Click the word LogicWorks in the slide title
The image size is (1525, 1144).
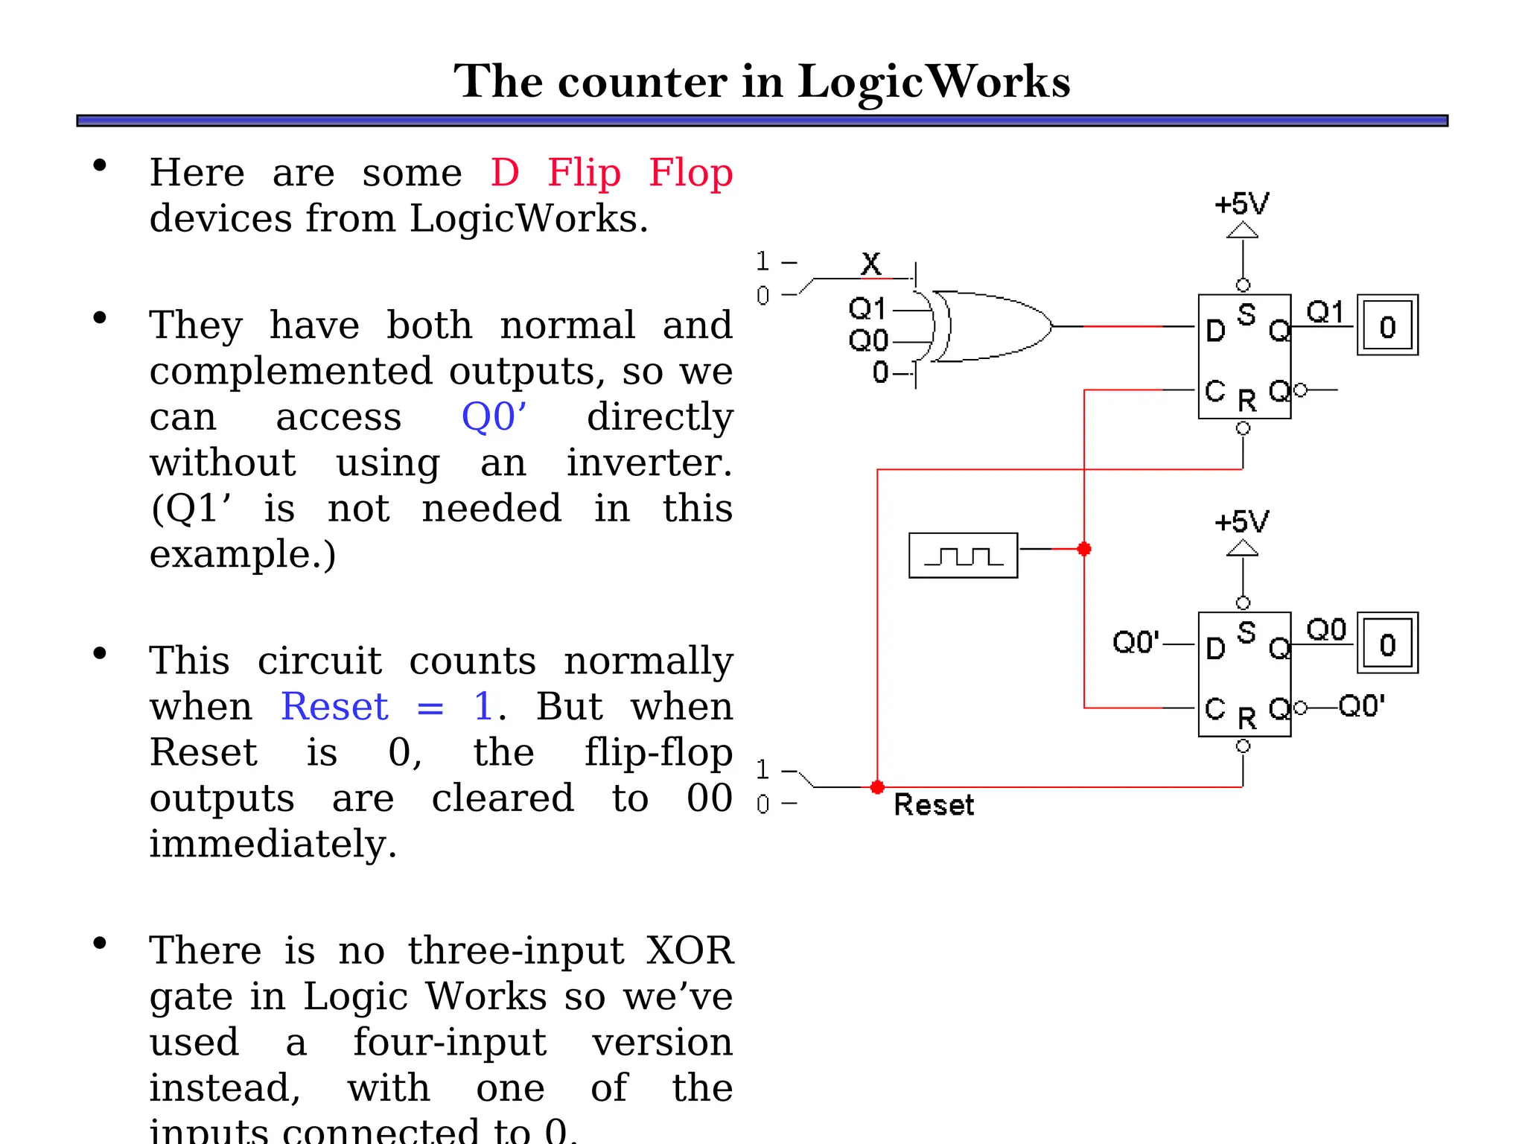(934, 82)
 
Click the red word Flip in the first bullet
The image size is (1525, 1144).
(584, 173)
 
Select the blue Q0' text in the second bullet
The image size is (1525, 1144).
(494, 416)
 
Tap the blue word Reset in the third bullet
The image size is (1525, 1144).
(334, 706)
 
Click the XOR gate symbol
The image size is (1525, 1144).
(990, 326)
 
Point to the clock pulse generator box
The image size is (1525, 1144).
(963, 556)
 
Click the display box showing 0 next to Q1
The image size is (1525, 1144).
(1387, 325)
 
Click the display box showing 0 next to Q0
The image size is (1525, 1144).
(1387, 643)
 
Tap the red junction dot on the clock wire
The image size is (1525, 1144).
(1084, 549)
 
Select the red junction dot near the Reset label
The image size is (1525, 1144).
(877, 787)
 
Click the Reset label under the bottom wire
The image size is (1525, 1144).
(933, 805)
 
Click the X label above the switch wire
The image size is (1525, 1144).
(871, 264)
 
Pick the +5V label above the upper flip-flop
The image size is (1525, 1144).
(1241, 204)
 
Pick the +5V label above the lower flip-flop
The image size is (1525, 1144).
(1241, 522)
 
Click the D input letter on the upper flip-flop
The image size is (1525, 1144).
(1215, 331)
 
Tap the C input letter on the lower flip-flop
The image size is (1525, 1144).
(1215, 708)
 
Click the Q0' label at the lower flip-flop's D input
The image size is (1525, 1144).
(1136, 642)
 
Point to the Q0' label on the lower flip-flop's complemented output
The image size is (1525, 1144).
(1362, 706)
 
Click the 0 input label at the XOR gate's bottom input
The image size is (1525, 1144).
(881, 372)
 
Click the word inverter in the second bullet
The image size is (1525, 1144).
(649, 463)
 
